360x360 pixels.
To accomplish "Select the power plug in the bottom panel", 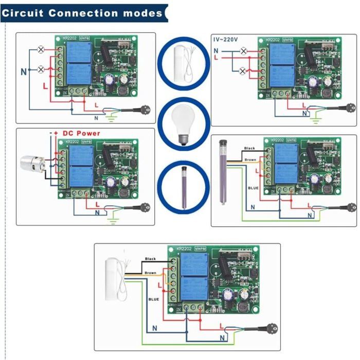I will tap(268, 327).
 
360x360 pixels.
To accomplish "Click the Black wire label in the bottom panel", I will tap(151, 259).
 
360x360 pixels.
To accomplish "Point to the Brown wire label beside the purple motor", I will tap(250, 160).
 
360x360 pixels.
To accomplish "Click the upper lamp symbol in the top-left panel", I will tap(41, 49).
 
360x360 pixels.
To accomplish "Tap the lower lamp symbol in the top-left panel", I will tap(41, 69).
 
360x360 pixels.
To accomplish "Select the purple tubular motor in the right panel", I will tap(223, 172).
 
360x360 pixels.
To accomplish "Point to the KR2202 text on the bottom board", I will tap(184, 248).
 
